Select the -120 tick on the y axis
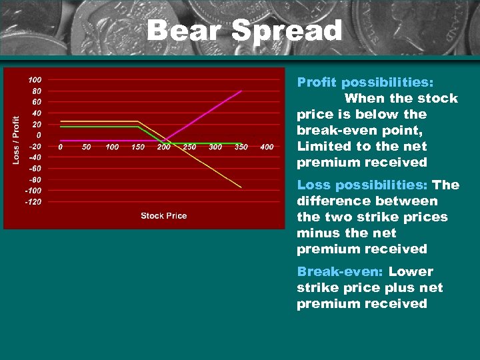[33, 201]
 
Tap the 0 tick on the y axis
[38, 135]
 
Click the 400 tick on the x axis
[267, 147]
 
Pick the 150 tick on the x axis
[138, 147]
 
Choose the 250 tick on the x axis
[190, 147]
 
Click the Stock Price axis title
[164, 215]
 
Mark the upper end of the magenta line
[241, 91]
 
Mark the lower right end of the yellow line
[241, 187]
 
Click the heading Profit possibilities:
[365, 82]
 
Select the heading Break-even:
[341, 271]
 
